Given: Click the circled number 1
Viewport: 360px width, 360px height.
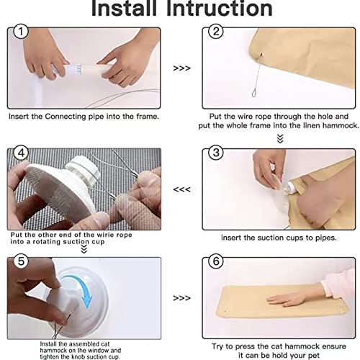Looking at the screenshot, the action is click(x=21, y=32).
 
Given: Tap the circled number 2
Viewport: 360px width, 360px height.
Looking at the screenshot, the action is click(x=216, y=32).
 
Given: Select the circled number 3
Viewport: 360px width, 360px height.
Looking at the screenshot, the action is click(x=216, y=153).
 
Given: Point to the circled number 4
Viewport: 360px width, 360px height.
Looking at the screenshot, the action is click(x=21, y=153).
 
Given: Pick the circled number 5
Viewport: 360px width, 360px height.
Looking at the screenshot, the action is click(x=21, y=261).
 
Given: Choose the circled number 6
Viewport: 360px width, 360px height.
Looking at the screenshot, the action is click(x=216, y=261).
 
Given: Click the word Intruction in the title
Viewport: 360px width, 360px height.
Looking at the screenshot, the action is click(x=220, y=8).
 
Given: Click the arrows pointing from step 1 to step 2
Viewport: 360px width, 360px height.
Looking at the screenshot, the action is click(x=181, y=68).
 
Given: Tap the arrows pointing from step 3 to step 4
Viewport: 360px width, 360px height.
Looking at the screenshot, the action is click(x=181, y=189).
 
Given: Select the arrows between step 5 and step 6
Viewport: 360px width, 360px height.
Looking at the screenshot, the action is click(x=181, y=298).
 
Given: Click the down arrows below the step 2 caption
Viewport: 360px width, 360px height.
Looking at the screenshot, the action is click(x=280, y=139).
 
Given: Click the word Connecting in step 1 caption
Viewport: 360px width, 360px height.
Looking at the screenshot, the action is click(x=66, y=117).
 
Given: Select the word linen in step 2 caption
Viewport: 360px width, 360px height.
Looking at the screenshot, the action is click(x=311, y=125).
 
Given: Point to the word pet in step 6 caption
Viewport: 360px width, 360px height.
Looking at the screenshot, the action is click(x=313, y=356).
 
